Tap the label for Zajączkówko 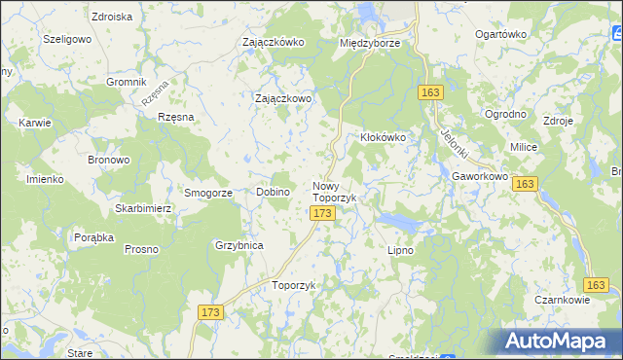pyautogui.click(x=274, y=43)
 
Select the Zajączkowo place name pyautogui.click(x=283, y=99)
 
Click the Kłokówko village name pyautogui.click(x=389, y=138)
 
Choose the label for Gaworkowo pyautogui.click(x=480, y=177)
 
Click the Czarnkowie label pyautogui.click(x=562, y=301)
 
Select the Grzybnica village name pyautogui.click(x=239, y=246)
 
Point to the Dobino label pyautogui.click(x=274, y=193)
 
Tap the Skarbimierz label pyautogui.click(x=143, y=209)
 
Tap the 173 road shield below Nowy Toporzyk pyautogui.click(x=324, y=212)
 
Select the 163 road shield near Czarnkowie pyautogui.click(x=597, y=284)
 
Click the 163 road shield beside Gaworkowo pyautogui.click(x=525, y=184)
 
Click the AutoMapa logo pyautogui.click(x=561, y=340)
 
